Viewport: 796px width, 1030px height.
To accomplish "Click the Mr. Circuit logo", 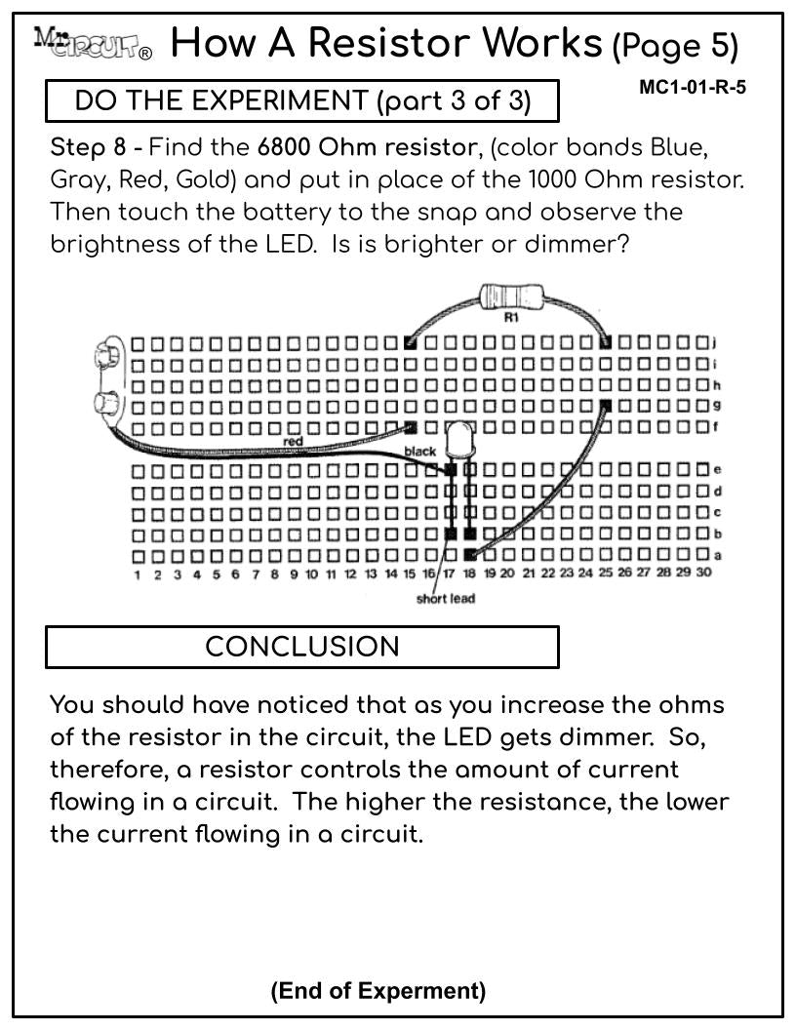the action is (93, 44).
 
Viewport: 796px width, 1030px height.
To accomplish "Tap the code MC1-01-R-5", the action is (693, 88).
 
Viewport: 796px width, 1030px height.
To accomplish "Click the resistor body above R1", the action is (511, 297).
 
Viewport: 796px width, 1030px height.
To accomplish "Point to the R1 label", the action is (511, 317).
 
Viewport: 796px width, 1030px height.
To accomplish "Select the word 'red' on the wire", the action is (293, 441).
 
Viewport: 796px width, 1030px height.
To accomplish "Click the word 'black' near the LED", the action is (420, 451).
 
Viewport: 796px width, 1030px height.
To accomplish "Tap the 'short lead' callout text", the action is (445, 599).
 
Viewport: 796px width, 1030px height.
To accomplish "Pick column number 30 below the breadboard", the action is (703, 573).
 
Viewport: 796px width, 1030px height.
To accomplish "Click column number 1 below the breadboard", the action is (138, 575).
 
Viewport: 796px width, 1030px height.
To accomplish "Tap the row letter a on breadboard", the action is (718, 556).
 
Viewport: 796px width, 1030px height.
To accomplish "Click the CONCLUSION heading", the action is (302, 647).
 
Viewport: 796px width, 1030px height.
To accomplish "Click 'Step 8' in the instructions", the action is (88, 148).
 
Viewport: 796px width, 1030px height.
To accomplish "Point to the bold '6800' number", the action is (283, 147).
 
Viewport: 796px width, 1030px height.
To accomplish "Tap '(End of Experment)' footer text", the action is (378, 990).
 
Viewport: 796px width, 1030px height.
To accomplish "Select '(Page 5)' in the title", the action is (676, 46).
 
